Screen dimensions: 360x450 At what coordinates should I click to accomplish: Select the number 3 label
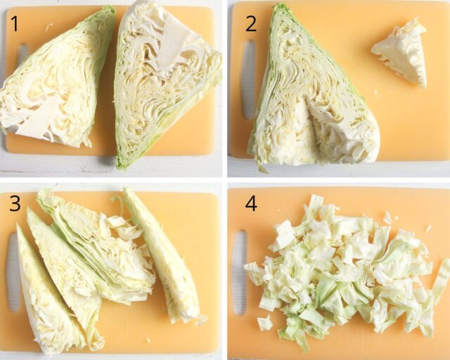pyautogui.click(x=15, y=205)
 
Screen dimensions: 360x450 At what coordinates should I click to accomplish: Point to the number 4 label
pyautogui.click(x=250, y=204)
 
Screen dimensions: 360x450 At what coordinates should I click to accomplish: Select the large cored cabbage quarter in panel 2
pyautogui.click(x=302, y=105)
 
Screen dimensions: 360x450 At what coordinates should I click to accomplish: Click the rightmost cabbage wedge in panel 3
pyautogui.click(x=165, y=260)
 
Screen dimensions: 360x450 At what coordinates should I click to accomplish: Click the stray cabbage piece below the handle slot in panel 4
pyautogui.click(x=264, y=323)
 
